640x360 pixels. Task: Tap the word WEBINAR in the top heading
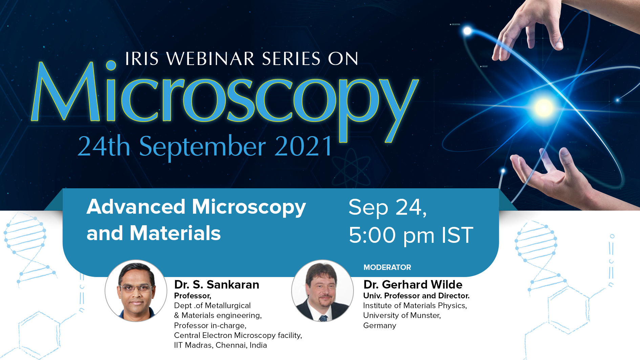pyautogui.click(x=210, y=59)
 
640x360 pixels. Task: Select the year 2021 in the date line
pyautogui.click(x=304, y=146)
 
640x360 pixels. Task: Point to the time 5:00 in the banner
pyautogui.click(x=372, y=235)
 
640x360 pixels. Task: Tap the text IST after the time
pyautogui.click(x=457, y=235)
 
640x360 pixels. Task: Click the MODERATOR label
pyautogui.click(x=387, y=267)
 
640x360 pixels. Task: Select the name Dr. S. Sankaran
pyautogui.click(x=217, y=284)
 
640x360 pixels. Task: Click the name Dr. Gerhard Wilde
pyautogui.click(x=413, y=284)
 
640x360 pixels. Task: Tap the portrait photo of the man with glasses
pyautogui.click(x=136, y=291)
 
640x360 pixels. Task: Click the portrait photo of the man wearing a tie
pyautogui.click(x=322, y=291)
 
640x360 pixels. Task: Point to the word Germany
pyautogui.click(x=380, y=326)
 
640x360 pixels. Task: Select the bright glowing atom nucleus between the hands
pyautogui.click(x=543, y=108)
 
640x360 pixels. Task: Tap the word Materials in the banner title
pyautogui.click(x=175, y=233)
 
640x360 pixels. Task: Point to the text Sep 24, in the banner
pyautogui.click(x=388, y=207)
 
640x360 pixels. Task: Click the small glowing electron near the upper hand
pyautogui.click(x=467, y=31)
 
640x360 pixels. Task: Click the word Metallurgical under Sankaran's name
pyautogui.click(x=228, y=305)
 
